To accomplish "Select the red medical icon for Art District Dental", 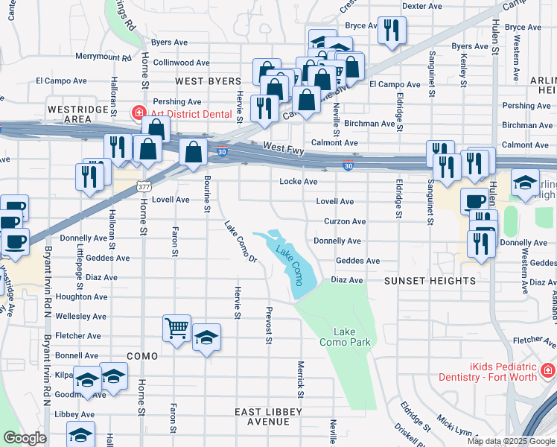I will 138,114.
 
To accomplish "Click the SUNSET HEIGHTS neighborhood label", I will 430,281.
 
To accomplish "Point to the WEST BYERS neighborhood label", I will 208,81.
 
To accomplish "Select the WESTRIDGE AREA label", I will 69,114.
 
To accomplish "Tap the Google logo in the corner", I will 24,438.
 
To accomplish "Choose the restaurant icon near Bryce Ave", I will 391,30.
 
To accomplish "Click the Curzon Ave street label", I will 345,221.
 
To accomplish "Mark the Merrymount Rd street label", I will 103,57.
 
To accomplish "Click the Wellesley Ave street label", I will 82,317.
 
